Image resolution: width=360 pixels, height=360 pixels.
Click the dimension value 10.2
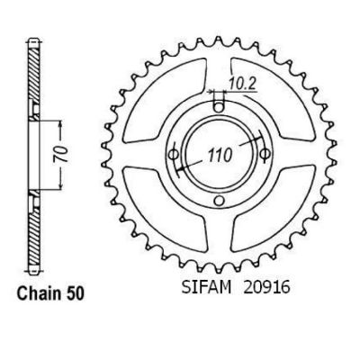click(x=242, y=84)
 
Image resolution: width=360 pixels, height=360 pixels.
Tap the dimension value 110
click(x=220, y=155)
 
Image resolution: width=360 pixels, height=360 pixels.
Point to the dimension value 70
click(x=61, y=155)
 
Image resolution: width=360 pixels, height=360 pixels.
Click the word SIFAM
click(x=206, y=287)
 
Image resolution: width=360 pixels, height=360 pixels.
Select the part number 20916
click(x=267, y=287)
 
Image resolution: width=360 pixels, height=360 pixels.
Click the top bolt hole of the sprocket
click(x=220, y=107)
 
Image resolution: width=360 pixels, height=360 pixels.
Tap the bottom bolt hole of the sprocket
click(x=220, y=200)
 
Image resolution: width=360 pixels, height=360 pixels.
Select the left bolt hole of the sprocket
click(x=174, y=154)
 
